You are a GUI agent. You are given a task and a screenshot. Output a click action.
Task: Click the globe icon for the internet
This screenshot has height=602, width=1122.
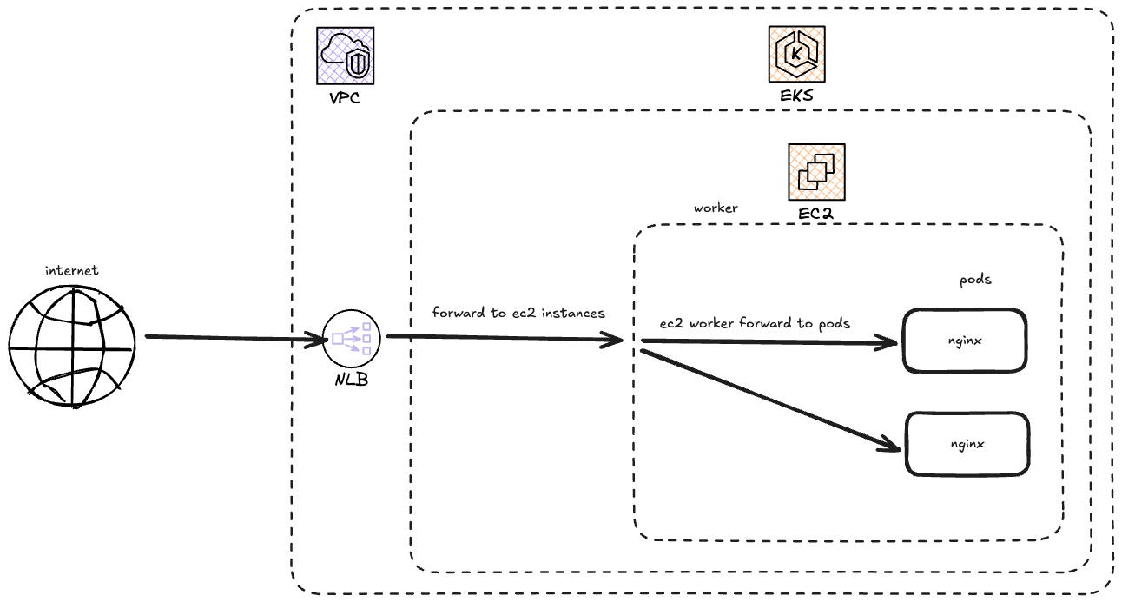pos(73,345)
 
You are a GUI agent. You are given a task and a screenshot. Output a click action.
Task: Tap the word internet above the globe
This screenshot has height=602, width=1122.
pos(73,271)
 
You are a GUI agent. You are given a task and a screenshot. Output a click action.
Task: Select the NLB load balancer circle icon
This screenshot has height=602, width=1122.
pos(351,339)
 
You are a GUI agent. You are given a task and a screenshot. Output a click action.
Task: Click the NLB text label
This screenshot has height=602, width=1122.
pos(351,379)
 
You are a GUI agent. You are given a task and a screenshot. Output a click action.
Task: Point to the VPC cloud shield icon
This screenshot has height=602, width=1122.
pos(346,55)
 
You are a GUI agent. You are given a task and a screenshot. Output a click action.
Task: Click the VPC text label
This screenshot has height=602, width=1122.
pos(345,97)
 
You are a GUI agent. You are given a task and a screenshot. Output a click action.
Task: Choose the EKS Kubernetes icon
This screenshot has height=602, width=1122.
pos(796,54)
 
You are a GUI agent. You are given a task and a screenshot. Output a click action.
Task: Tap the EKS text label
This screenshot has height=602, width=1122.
pos(796,96)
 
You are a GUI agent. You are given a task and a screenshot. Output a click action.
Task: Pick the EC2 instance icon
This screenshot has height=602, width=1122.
pos(816,172)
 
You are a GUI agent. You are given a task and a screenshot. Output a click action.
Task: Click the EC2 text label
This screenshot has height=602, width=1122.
pos(816,214)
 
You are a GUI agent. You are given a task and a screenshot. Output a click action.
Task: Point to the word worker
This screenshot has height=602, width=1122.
pos(716,208)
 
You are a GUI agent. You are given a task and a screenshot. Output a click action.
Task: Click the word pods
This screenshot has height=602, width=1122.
pos(975,280)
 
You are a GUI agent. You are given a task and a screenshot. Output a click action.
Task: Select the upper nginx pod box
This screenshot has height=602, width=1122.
pos(965,341)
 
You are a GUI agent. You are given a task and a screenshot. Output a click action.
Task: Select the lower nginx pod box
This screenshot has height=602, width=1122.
pos(967,444)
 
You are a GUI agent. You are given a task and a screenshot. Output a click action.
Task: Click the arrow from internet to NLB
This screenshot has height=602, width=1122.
pos(230,337)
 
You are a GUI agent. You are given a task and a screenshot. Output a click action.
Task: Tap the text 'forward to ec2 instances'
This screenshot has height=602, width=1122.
pos(518,313)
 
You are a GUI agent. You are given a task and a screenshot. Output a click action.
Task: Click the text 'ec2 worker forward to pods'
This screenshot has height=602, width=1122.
pos(755,323)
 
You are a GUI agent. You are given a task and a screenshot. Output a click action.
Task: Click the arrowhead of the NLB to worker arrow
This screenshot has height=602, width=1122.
pos(614,341)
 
